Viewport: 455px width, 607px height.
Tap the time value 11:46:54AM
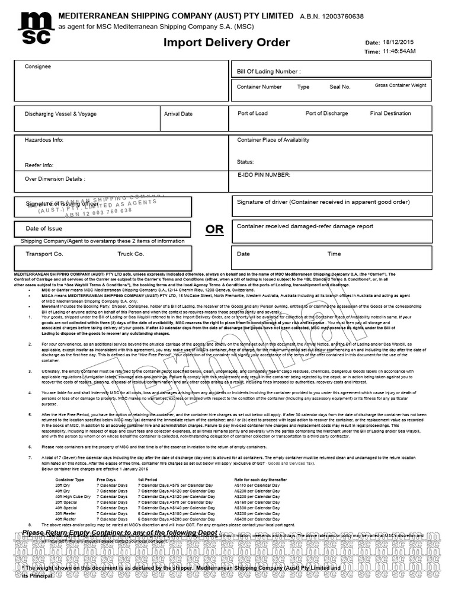399,52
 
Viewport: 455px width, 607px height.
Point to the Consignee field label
37,66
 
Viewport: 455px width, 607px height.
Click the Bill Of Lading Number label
269,72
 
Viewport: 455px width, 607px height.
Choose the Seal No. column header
340,87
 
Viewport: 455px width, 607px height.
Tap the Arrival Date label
178,114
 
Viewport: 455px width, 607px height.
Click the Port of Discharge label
326,113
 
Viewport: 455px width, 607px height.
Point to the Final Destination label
390,113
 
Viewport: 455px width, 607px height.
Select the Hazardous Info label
44,140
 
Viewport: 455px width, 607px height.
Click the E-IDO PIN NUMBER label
264,175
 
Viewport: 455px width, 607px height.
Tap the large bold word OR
214,229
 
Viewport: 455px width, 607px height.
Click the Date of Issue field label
44,228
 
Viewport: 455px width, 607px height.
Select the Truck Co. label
130,254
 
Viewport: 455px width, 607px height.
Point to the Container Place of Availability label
273,140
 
